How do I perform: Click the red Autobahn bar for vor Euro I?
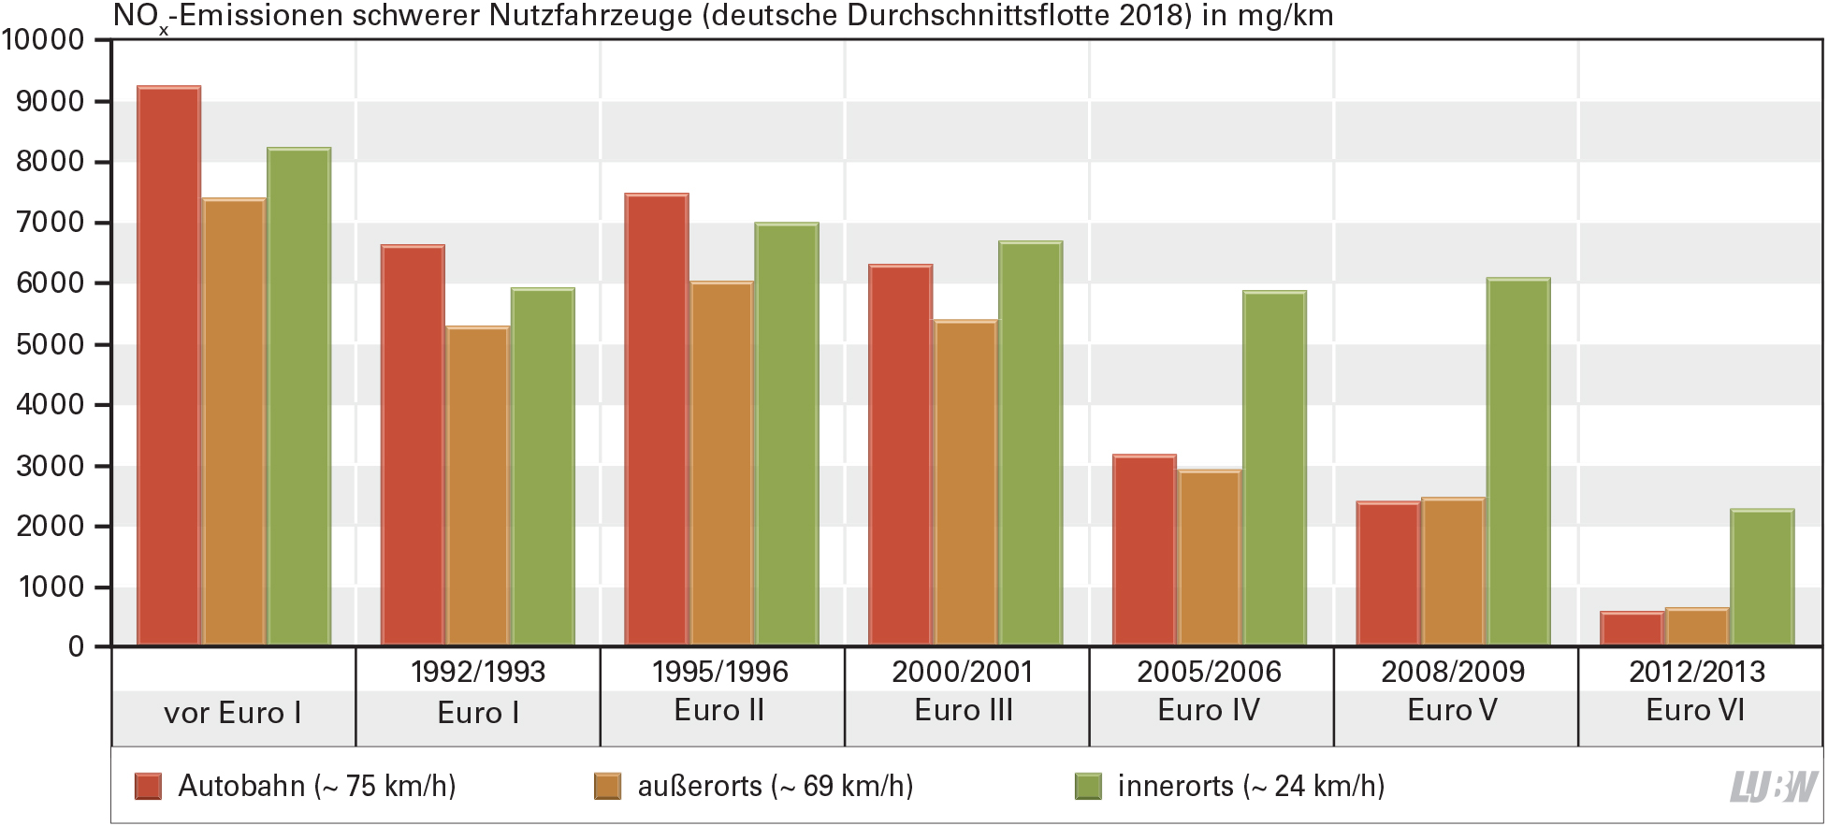tap(168, 365)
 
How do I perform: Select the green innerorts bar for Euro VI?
tap(1762, 577)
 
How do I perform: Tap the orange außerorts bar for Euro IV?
tap(1209, 558)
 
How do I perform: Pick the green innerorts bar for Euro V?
tap(1517, 461)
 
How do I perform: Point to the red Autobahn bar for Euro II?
tap(656, 419)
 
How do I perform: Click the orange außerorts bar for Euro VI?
tap(1696, 627)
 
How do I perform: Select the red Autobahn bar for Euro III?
tap(900, 455)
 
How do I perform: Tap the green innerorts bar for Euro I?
tap(543, 467)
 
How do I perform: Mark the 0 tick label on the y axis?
tap(76, 647)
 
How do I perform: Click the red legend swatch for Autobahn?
tap(148, 786)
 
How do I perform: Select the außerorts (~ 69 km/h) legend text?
tap(775, 786)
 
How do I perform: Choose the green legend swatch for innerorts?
tap(1088, 786)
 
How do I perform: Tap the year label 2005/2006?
tap(1209, 672)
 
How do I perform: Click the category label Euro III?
tap(964, 711)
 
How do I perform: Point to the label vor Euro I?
tap(232, 713)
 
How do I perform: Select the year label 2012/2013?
tap(1696, 672)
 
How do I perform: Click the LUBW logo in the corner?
tap(1774, 787)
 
